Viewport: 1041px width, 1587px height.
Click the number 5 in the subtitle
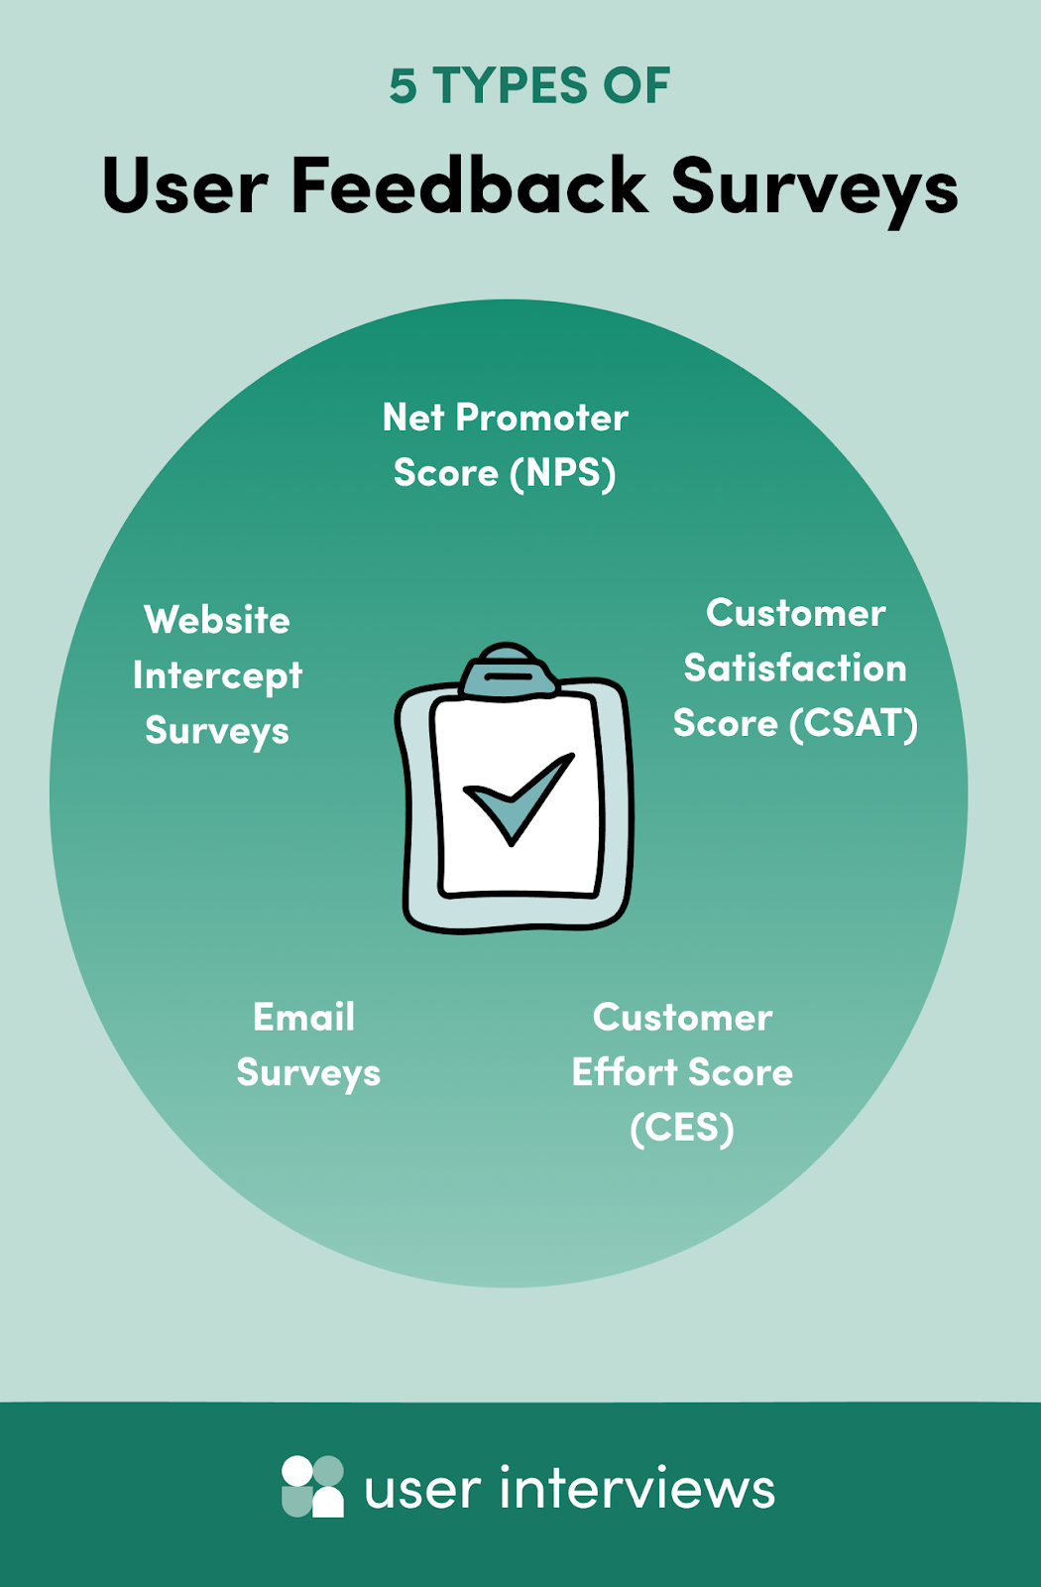403,85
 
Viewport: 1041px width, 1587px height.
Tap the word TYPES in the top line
510,85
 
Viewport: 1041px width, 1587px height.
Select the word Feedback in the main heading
469,184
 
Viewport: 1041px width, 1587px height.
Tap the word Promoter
541,418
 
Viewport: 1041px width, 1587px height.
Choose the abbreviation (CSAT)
854,723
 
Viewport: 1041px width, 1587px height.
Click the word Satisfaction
795,669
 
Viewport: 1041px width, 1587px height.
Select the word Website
217,620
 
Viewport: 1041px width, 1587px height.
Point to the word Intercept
217,676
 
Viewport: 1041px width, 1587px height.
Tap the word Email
303,1018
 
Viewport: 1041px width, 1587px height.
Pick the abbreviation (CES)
682,1128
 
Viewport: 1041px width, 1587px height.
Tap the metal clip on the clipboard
508,670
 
